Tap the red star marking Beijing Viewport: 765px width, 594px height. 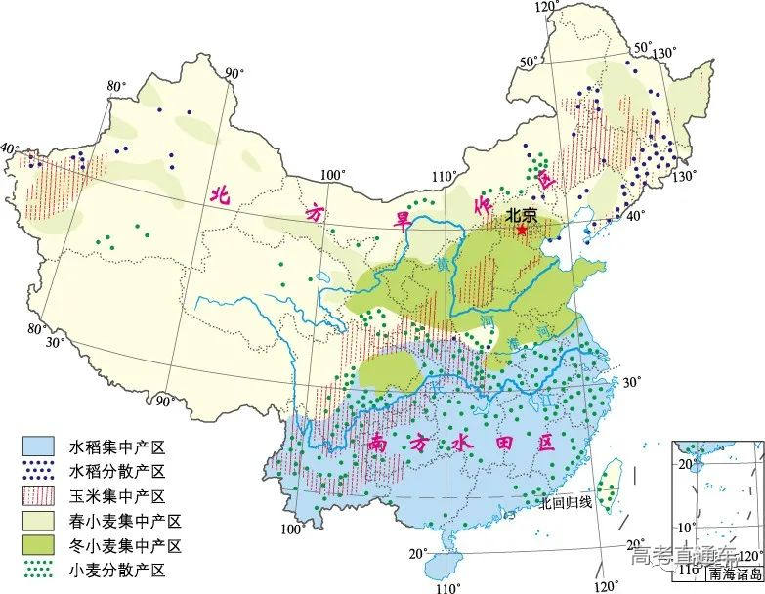[522, 231]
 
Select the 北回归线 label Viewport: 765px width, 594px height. [566, 501]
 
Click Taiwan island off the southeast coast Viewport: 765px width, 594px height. [613, 486]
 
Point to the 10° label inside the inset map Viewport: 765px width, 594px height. [689, 528]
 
